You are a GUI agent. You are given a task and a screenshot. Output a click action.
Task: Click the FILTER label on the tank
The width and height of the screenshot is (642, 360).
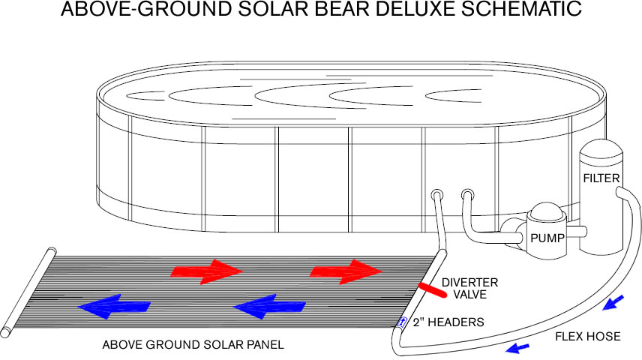click(x=601, y=178)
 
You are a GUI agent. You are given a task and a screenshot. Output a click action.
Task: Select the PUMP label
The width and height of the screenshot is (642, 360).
click(x=547, y=238)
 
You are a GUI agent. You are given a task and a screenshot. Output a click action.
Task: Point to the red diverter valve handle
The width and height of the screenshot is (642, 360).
click(x=432, y=289)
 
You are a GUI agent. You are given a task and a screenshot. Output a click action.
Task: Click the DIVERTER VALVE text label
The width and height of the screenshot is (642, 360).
click(x=469, y=288)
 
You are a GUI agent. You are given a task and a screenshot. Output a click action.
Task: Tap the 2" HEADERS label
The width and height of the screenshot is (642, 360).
click(x=448, y=322)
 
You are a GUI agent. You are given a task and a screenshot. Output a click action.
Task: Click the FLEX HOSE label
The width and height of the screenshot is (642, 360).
click(x=587, y=336)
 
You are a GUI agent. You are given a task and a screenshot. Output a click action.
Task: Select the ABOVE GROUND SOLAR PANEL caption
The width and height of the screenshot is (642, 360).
click(x=193, y=345)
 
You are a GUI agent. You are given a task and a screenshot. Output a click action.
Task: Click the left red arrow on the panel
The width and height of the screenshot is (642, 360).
click(x=207, y=271)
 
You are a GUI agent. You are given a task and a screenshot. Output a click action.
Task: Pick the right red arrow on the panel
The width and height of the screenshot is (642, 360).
click(x=346, y=271)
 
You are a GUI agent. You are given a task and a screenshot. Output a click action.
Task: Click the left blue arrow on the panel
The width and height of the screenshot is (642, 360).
click(x=114, y=306)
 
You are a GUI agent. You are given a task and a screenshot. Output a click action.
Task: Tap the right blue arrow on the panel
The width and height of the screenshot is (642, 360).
click(x=269, y=306)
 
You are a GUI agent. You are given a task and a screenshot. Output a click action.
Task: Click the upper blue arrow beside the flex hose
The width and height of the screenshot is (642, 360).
click(x=613, y=302)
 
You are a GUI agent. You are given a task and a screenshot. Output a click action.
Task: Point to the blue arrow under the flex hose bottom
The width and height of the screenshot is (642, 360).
click(x=517, y=349)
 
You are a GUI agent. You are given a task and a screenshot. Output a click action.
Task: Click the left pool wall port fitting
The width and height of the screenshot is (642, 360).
click(x=436, y=194)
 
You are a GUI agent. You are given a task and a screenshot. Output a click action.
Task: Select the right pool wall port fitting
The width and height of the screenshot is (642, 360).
click(x=467, y=194)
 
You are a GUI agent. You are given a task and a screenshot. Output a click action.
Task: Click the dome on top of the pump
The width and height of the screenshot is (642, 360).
click(x=547, y=211)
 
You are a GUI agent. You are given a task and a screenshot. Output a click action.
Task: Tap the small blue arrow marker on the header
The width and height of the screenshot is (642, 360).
click(x=403, y=322)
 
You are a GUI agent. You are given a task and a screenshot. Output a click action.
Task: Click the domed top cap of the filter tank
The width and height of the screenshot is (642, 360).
click(x=601, y=148)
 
